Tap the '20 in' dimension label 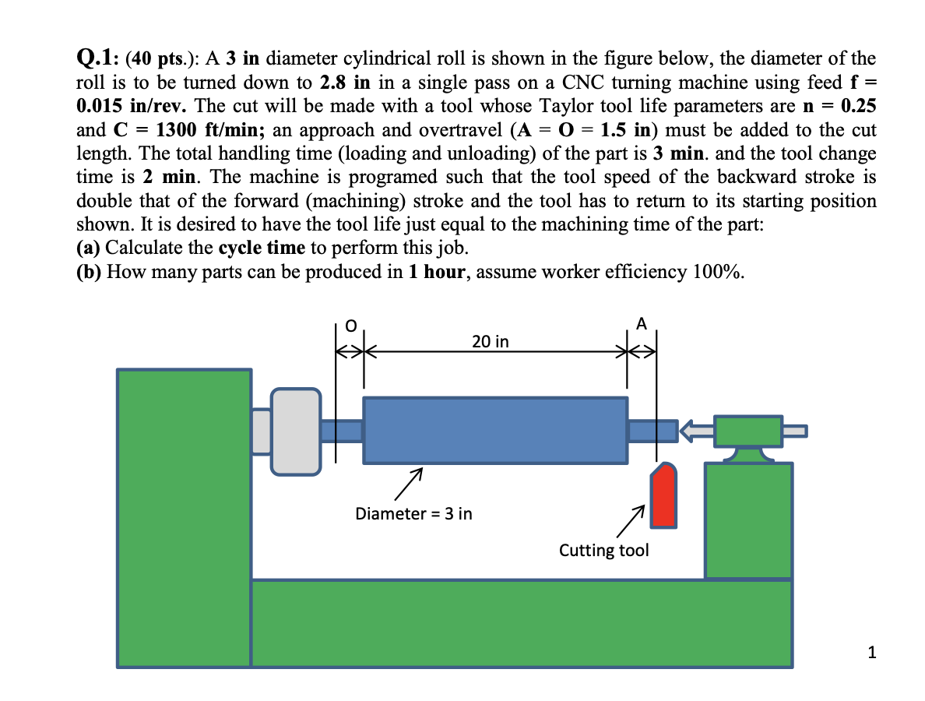[x=491, y=342]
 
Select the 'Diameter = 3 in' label [x=413, y=514]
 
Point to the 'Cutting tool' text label [x=603, y=551]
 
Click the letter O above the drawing [x=350, y=326]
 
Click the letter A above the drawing [x=642, y=324]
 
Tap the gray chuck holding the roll [x=296, y=432]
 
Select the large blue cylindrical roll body [x=495, y=430]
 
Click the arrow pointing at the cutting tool [x=631, y=522]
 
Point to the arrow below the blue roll [x=409, y=484]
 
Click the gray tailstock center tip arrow [x=698, y=431]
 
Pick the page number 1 [x=872, y=652]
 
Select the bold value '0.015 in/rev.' [x=132, y=106]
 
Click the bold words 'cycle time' [x=262, y=248]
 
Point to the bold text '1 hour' [x=439, y=271]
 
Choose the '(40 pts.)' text [x=162, y=58]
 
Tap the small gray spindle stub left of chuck [x=262, y=432]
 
